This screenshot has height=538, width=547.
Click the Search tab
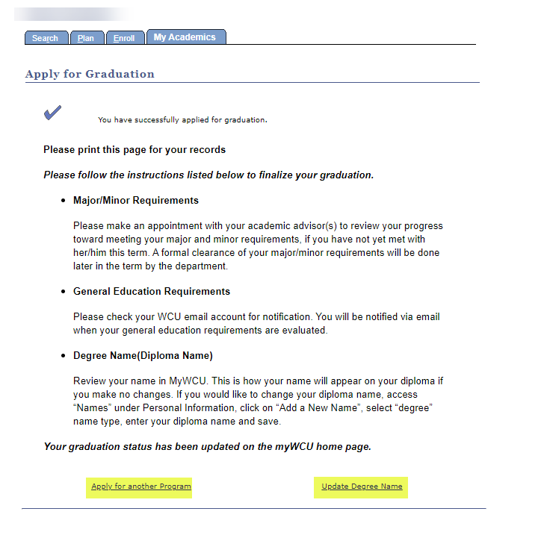[x=45, y=38]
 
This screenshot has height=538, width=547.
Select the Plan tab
[x=86, y=38]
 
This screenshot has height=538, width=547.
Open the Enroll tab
[x=124, y=38]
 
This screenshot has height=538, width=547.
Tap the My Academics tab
[x=185, y=37]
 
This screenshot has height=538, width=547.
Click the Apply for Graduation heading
[x=90, y=74]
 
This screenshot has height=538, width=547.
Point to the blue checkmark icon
[x=52, y=113]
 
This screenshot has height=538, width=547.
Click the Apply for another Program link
[x=141, y=487]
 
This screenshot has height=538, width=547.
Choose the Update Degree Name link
[x=362, y=487]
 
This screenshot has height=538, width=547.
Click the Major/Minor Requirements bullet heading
[x=136, y=201]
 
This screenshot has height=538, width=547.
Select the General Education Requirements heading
[x=152, y=292]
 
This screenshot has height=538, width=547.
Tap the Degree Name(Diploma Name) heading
[x=143, y=356]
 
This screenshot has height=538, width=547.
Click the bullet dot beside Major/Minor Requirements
[x=63, y=201]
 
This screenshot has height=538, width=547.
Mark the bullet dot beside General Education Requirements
[x=63, y=293]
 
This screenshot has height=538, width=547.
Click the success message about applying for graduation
[x=182, y=119]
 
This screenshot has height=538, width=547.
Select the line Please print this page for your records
[x=135, y=150]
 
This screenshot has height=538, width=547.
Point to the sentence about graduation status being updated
[x=207, y=447]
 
